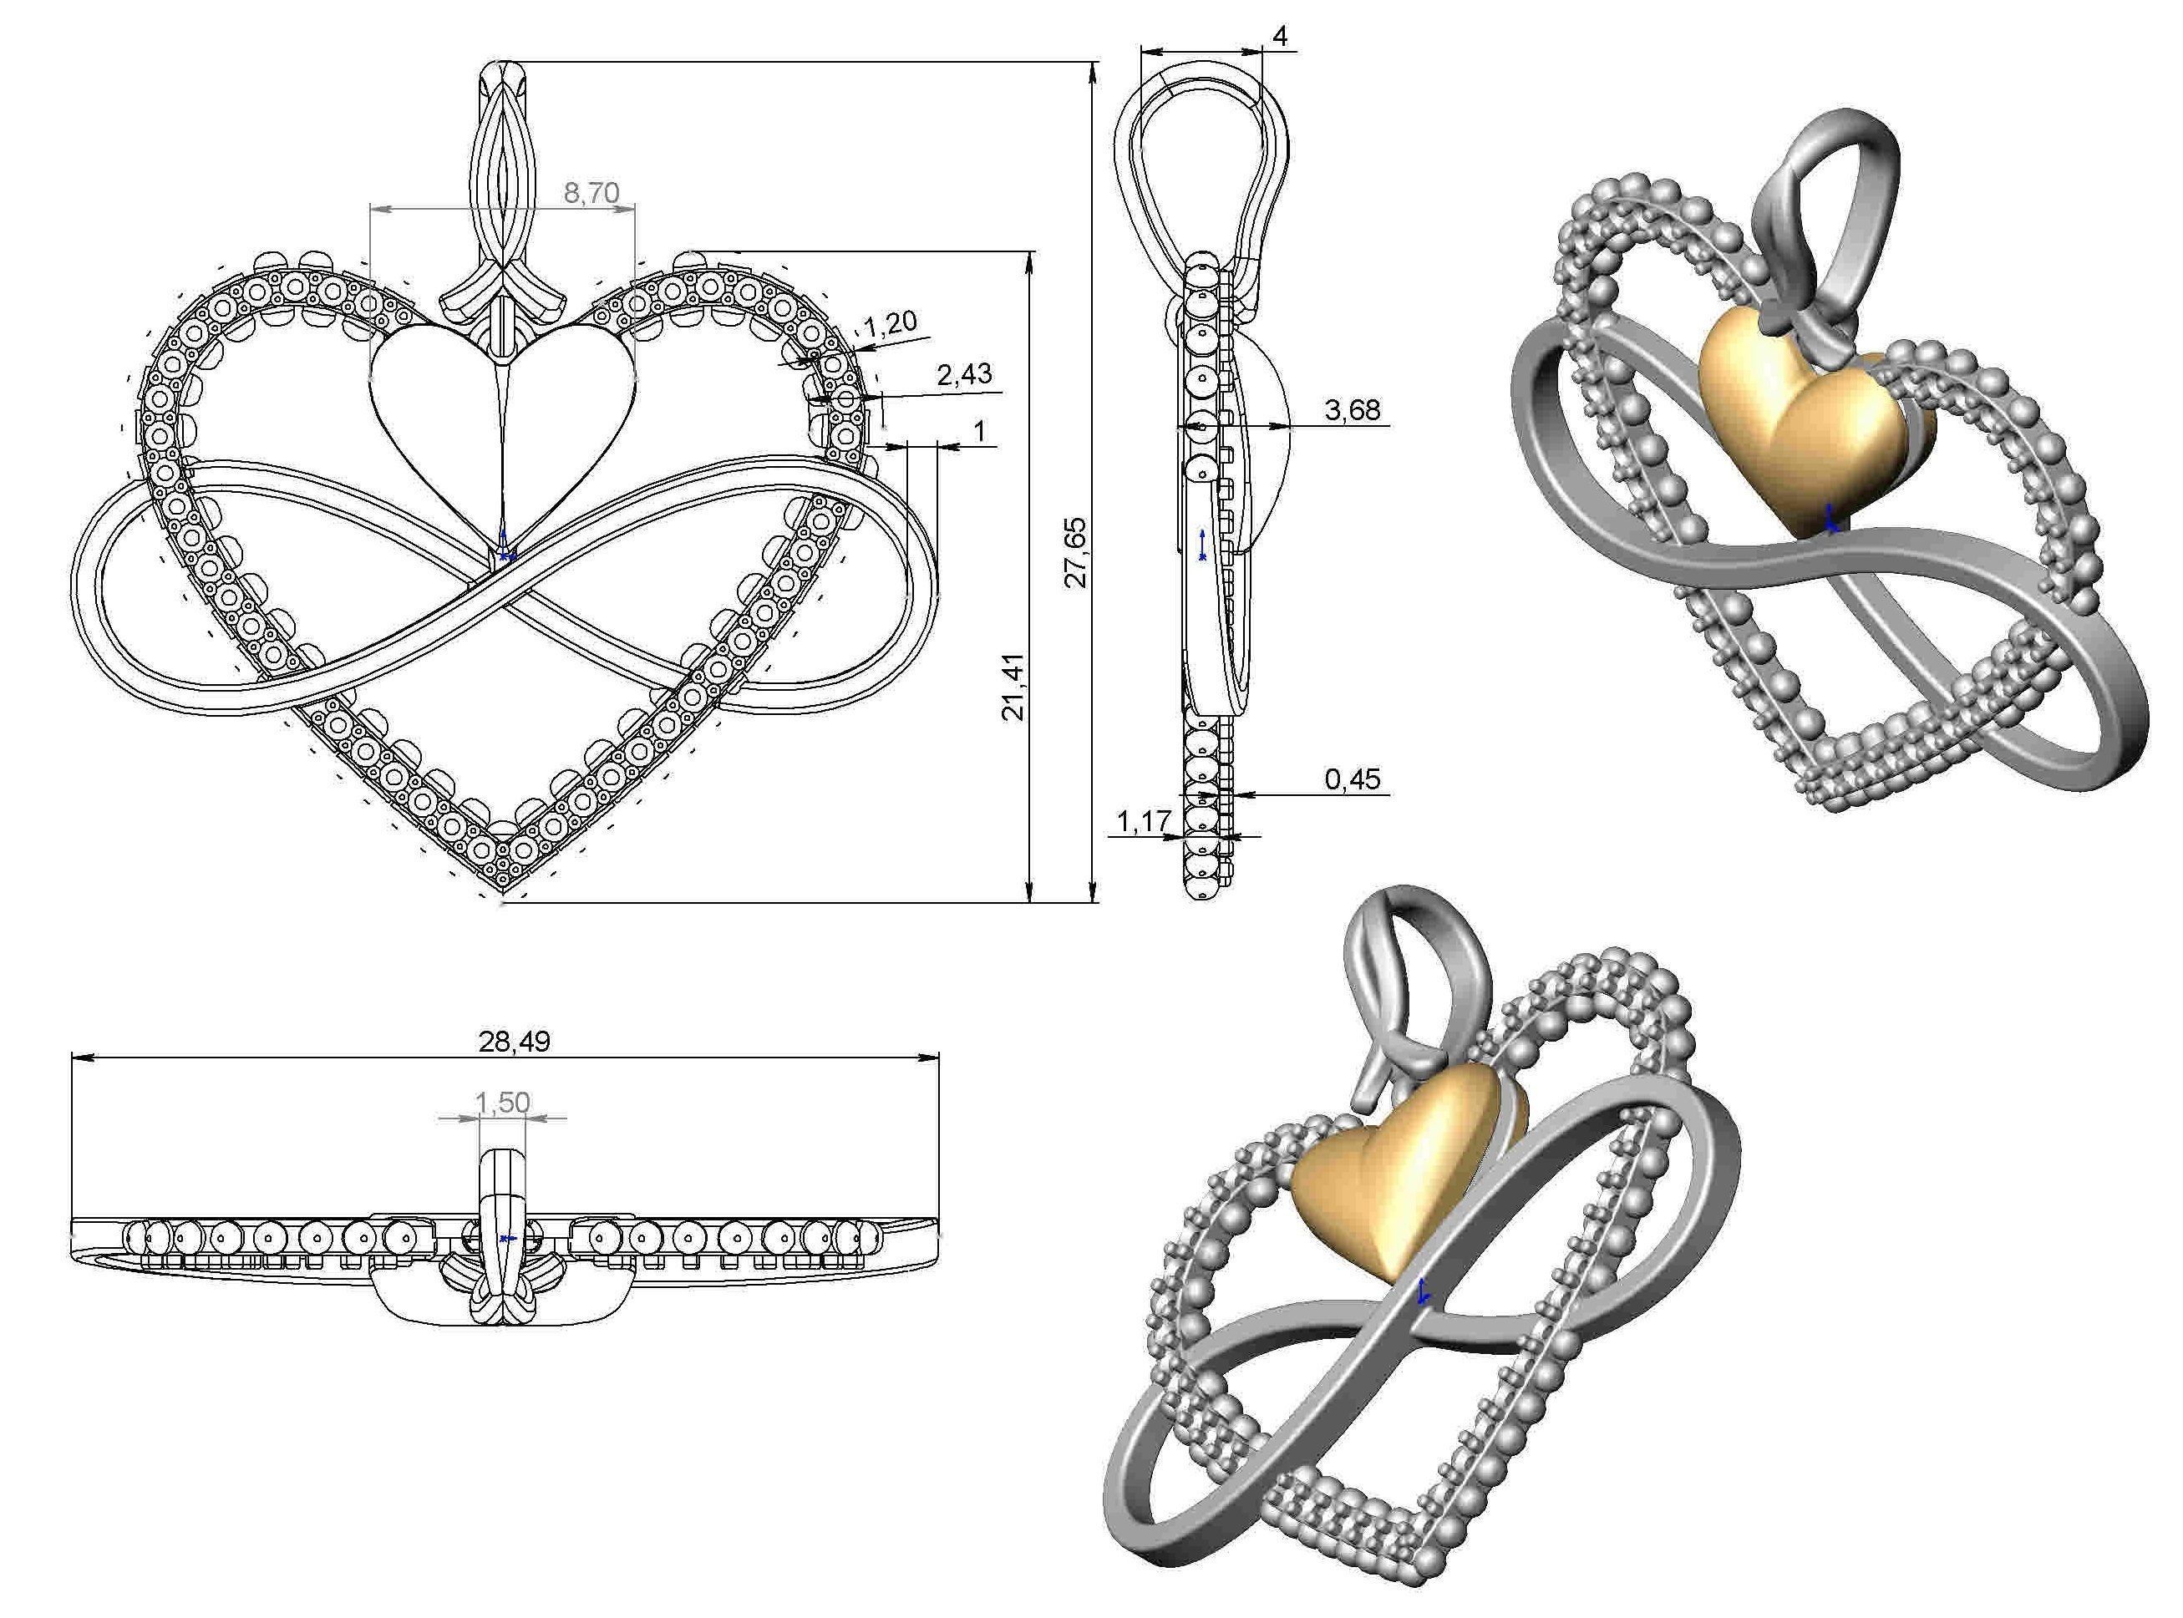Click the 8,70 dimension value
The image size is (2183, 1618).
(x=591, y=193)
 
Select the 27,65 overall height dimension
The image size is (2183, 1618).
(x=1075, y=552)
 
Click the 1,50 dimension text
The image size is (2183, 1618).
(x=502, y=1103)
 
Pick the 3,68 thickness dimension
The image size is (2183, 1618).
(x=1353, y=409)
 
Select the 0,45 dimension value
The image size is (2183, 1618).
(x=1353, y=779)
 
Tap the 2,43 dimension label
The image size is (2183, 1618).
(x=964, y=373)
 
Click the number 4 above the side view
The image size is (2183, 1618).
(x=1280, y=36)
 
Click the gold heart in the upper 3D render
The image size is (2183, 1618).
(x=1797, y=421)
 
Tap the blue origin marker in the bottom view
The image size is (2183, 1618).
(x=505, y=1239)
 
